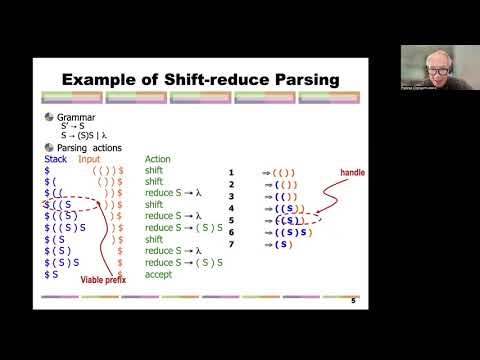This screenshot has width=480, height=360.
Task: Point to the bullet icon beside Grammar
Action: (50, 116)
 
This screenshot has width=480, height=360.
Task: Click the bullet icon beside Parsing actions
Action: (50, 147)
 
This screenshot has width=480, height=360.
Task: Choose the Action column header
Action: (158, 159)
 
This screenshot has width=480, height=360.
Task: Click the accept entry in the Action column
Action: (158, 272)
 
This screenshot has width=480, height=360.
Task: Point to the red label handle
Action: (352, 172)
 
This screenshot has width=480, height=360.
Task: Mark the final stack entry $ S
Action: (52, 272)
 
